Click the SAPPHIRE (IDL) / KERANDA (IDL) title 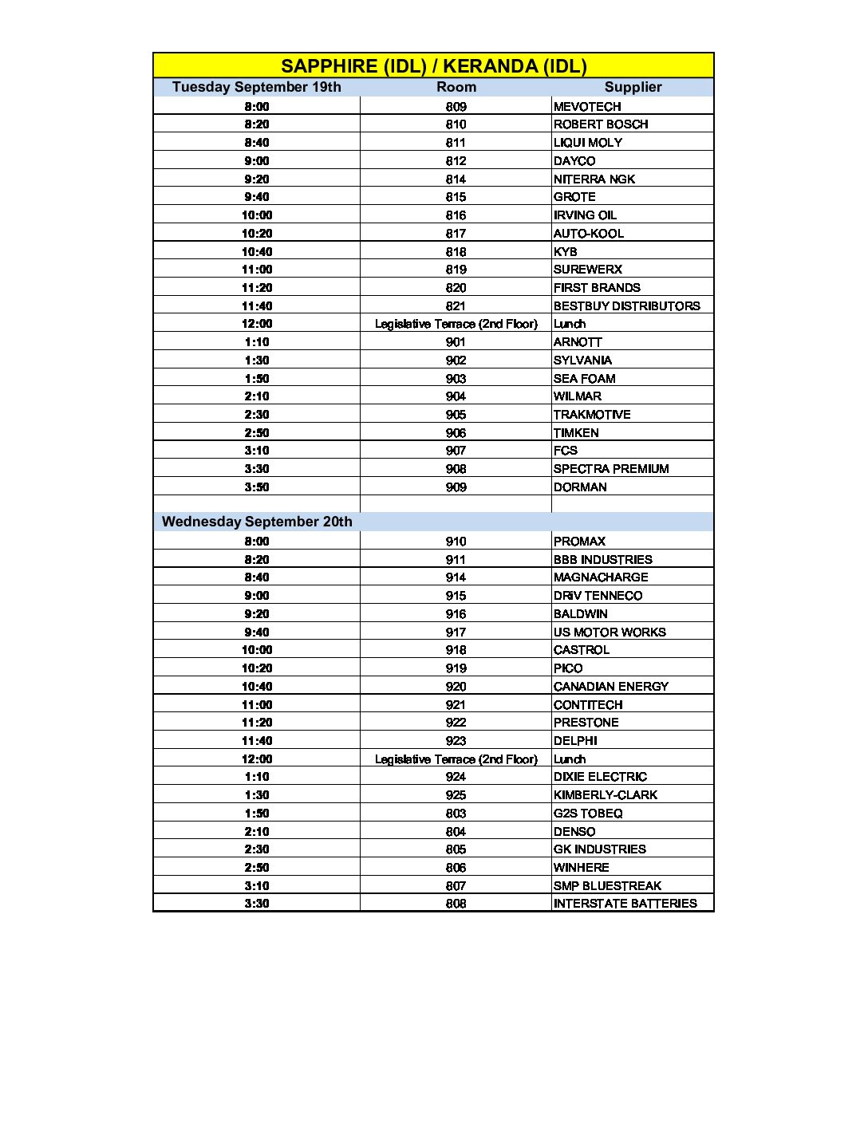pos(433,66)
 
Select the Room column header pos(456,87)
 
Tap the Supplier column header pos(633,87)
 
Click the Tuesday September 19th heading pos(256,87)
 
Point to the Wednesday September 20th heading pos(257,522)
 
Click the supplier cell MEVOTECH pos(587,107)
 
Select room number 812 pos(456,161)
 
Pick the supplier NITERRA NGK pos(594,179)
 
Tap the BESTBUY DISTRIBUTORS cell pos(626,306)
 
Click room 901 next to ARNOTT pos(456,342)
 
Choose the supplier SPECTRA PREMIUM pos(611,469)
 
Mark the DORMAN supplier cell pos(580,487)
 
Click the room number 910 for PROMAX pos(456,542)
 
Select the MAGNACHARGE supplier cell pos(601,577)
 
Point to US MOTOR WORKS pos(610,632)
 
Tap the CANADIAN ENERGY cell pos(611,687)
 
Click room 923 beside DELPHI pos(456,741)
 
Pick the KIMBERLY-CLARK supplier pos(606,795)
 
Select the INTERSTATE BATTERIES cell pos(625,904)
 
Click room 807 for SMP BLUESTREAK pos(456,886)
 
